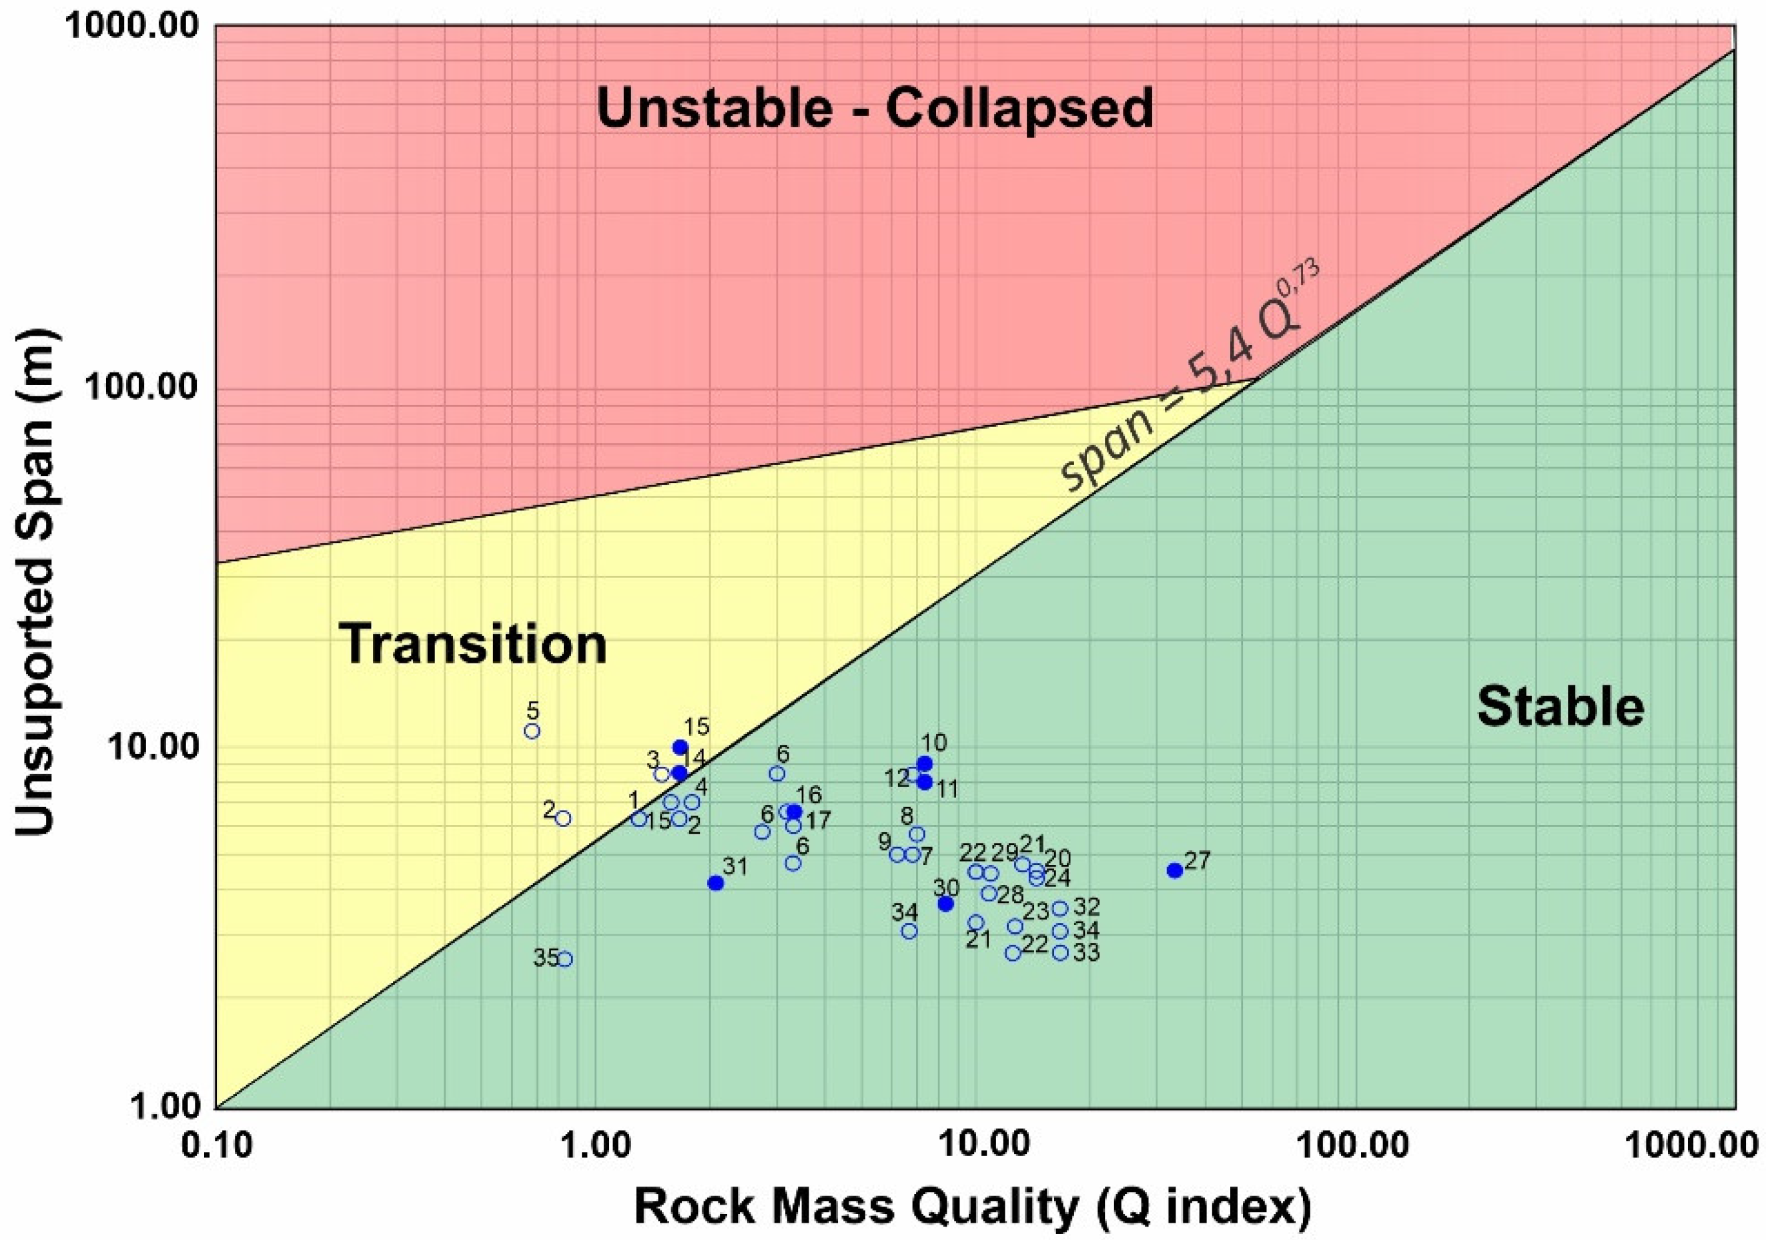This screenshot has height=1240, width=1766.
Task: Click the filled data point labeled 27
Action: click(1174, 870)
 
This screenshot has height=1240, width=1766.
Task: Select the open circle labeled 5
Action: click(532, 731)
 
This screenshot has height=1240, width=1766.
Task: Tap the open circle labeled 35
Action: click(565, 959)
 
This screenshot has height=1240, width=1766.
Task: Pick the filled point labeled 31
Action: click(715, 883)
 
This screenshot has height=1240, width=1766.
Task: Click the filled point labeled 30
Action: click(946, 904)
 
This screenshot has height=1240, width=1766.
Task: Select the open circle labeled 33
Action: click(1060, 952)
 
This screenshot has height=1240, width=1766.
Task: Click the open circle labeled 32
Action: click(1060, 909)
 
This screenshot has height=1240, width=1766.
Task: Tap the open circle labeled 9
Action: click(897, 855)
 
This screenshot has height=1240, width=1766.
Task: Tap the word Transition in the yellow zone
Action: click(472, 644)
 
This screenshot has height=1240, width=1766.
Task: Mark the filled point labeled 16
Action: click(794, 812)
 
